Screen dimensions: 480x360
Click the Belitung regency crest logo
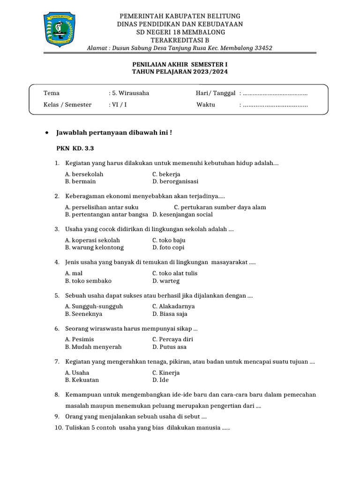click(60, 30)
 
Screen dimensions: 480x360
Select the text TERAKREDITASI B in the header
click(180, 40)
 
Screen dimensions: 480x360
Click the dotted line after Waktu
click(275, 105)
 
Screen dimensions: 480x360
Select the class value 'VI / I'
click(119, 105)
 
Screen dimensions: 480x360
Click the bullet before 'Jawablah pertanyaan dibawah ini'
click(46, 133)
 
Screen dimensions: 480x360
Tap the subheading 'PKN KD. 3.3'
click(75, 149)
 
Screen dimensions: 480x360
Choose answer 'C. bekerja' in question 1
click(166, 174)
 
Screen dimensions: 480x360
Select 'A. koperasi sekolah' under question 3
click(89, 240)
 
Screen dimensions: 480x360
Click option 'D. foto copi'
click(168, 247)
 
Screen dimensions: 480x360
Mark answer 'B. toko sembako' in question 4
click(88, 281)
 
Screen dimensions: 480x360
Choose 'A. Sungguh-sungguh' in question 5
click(94, 307)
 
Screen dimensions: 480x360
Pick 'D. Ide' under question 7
click(160, 380)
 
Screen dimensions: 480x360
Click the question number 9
click(56, 416)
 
